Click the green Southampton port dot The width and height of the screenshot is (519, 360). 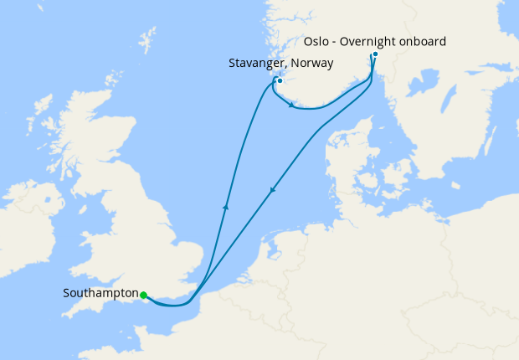click(144, 295)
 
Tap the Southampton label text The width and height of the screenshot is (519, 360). click(100, 294)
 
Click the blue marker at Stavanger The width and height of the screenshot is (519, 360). click(280, 81)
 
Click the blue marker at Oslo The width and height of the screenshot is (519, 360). click(375, 54)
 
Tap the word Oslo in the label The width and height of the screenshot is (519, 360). click(316, 40)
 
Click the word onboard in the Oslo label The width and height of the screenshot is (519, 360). click(425, 40)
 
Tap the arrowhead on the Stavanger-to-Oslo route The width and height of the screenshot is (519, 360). click(290, 105)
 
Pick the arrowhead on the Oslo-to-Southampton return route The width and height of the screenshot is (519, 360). click(272, 192)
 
